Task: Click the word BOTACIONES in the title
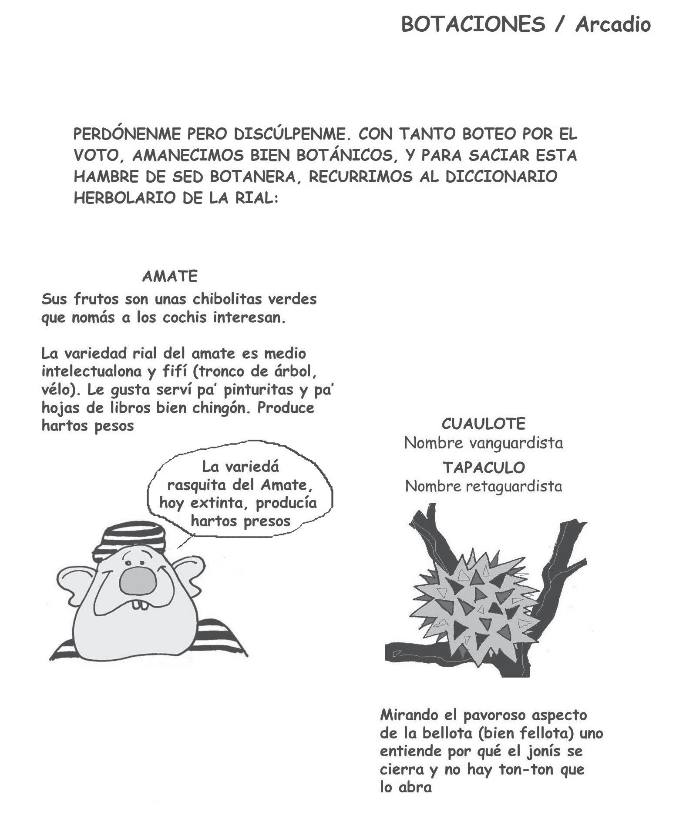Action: [x=473, y=24]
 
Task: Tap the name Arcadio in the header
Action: [x=613, y=24]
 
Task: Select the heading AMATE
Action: [x=170, y=276]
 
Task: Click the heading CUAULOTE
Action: [x=484, y=423]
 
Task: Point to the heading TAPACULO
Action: [x=484, y=468]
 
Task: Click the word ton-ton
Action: [x=526, y=769]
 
